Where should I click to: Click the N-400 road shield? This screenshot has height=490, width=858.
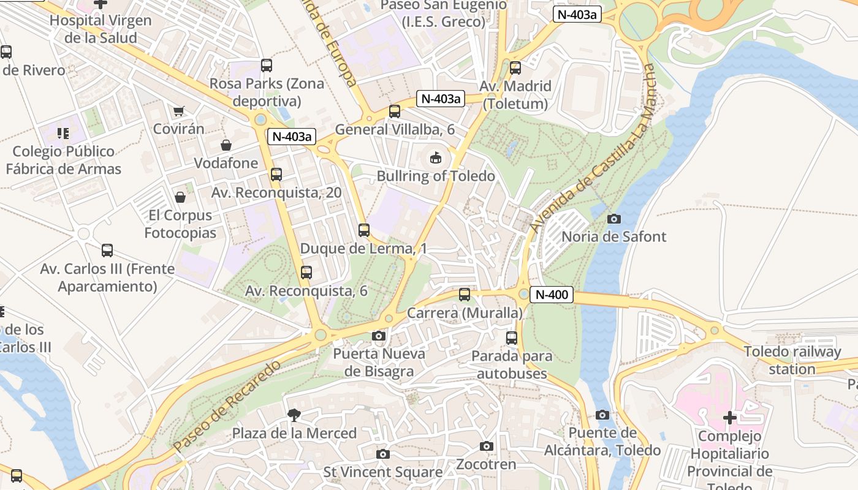click(x=551, y=295)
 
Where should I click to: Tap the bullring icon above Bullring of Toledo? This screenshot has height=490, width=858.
click(x=435, y=158)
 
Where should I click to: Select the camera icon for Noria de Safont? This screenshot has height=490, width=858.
click(x=613, y=219)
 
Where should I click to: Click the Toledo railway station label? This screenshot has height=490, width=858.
click(x=792, y=360)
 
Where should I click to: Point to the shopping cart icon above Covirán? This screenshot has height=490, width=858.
click(x=178, y=111)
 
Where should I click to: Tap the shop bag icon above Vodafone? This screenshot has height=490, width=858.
click(x=226, y=145)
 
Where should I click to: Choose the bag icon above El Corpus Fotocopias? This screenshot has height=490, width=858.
click(x=180, y=197)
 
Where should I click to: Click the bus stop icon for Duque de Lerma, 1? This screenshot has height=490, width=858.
click(x=364, y=230)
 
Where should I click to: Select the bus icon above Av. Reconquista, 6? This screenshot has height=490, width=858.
click(x=306, y=273)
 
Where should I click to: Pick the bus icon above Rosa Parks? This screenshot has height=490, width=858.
click(x=267, y=66)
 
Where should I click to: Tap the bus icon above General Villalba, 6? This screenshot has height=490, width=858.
click(x=395, y=111)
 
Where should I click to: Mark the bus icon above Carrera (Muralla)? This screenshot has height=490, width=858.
click(x=465, y=295)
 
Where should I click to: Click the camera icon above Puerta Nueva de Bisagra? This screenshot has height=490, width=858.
click(x=379, y=336)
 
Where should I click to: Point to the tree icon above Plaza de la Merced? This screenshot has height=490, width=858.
click(x=294, y=415)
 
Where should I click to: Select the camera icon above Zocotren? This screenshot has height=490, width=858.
click(x=487, y=447)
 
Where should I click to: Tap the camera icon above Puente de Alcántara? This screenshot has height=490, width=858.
click(x=602, y=415)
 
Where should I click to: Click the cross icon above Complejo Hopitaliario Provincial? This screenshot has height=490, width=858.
click(x=729, y=418)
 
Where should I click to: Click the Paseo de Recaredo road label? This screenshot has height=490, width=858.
click(x=227, y=406)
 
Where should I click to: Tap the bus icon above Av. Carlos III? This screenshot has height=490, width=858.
click(x=107, y=251)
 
